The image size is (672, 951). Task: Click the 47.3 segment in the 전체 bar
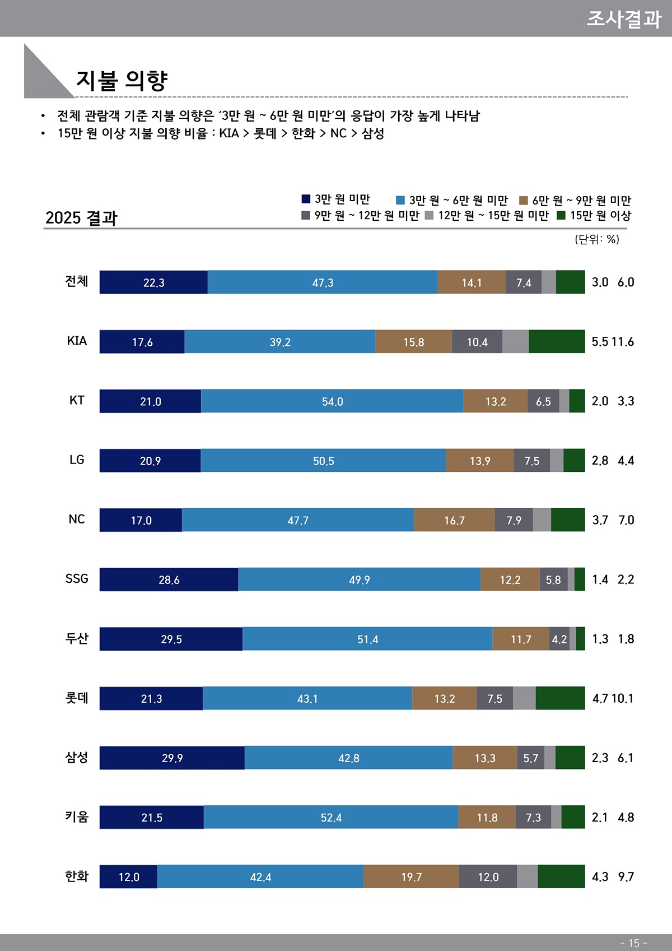[323, 282]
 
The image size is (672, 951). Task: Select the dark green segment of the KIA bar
[557, 342]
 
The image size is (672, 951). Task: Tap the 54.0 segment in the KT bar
[332, 401]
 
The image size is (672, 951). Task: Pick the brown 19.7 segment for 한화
[411, 876]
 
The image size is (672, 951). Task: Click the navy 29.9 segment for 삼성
[172, 758]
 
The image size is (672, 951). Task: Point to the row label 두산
[77, 638]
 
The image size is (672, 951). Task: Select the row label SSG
[77, 578]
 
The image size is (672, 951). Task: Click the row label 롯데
[77, 698]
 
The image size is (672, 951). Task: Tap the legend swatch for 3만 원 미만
[306, 199]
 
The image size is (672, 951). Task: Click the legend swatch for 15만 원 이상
[561, 215]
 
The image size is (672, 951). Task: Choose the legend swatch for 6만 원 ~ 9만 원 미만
[524, 200]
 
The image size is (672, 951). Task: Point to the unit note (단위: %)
[597, 239]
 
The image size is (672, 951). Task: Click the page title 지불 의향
[122, 81]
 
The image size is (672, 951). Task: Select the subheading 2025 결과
[81, 217]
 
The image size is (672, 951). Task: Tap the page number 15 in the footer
[633, 943]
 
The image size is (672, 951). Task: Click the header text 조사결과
[624, 19]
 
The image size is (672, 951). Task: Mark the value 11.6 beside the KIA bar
[623, 342]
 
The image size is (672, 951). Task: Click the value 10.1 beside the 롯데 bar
[622, 698]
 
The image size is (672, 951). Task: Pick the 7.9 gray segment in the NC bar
[514, 520]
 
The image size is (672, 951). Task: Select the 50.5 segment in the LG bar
[323, 461]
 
